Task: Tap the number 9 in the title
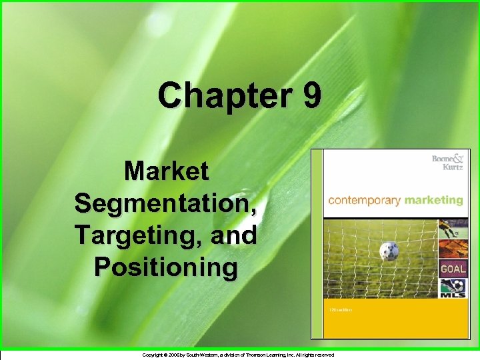(311, 95)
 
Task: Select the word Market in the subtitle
(167, 171)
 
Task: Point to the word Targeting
(139, 235)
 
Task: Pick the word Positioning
(165, 267)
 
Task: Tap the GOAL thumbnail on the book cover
(451, 269)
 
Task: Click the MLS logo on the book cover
(451, 290)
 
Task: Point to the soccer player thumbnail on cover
(451, 230)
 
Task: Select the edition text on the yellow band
(341, 311)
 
